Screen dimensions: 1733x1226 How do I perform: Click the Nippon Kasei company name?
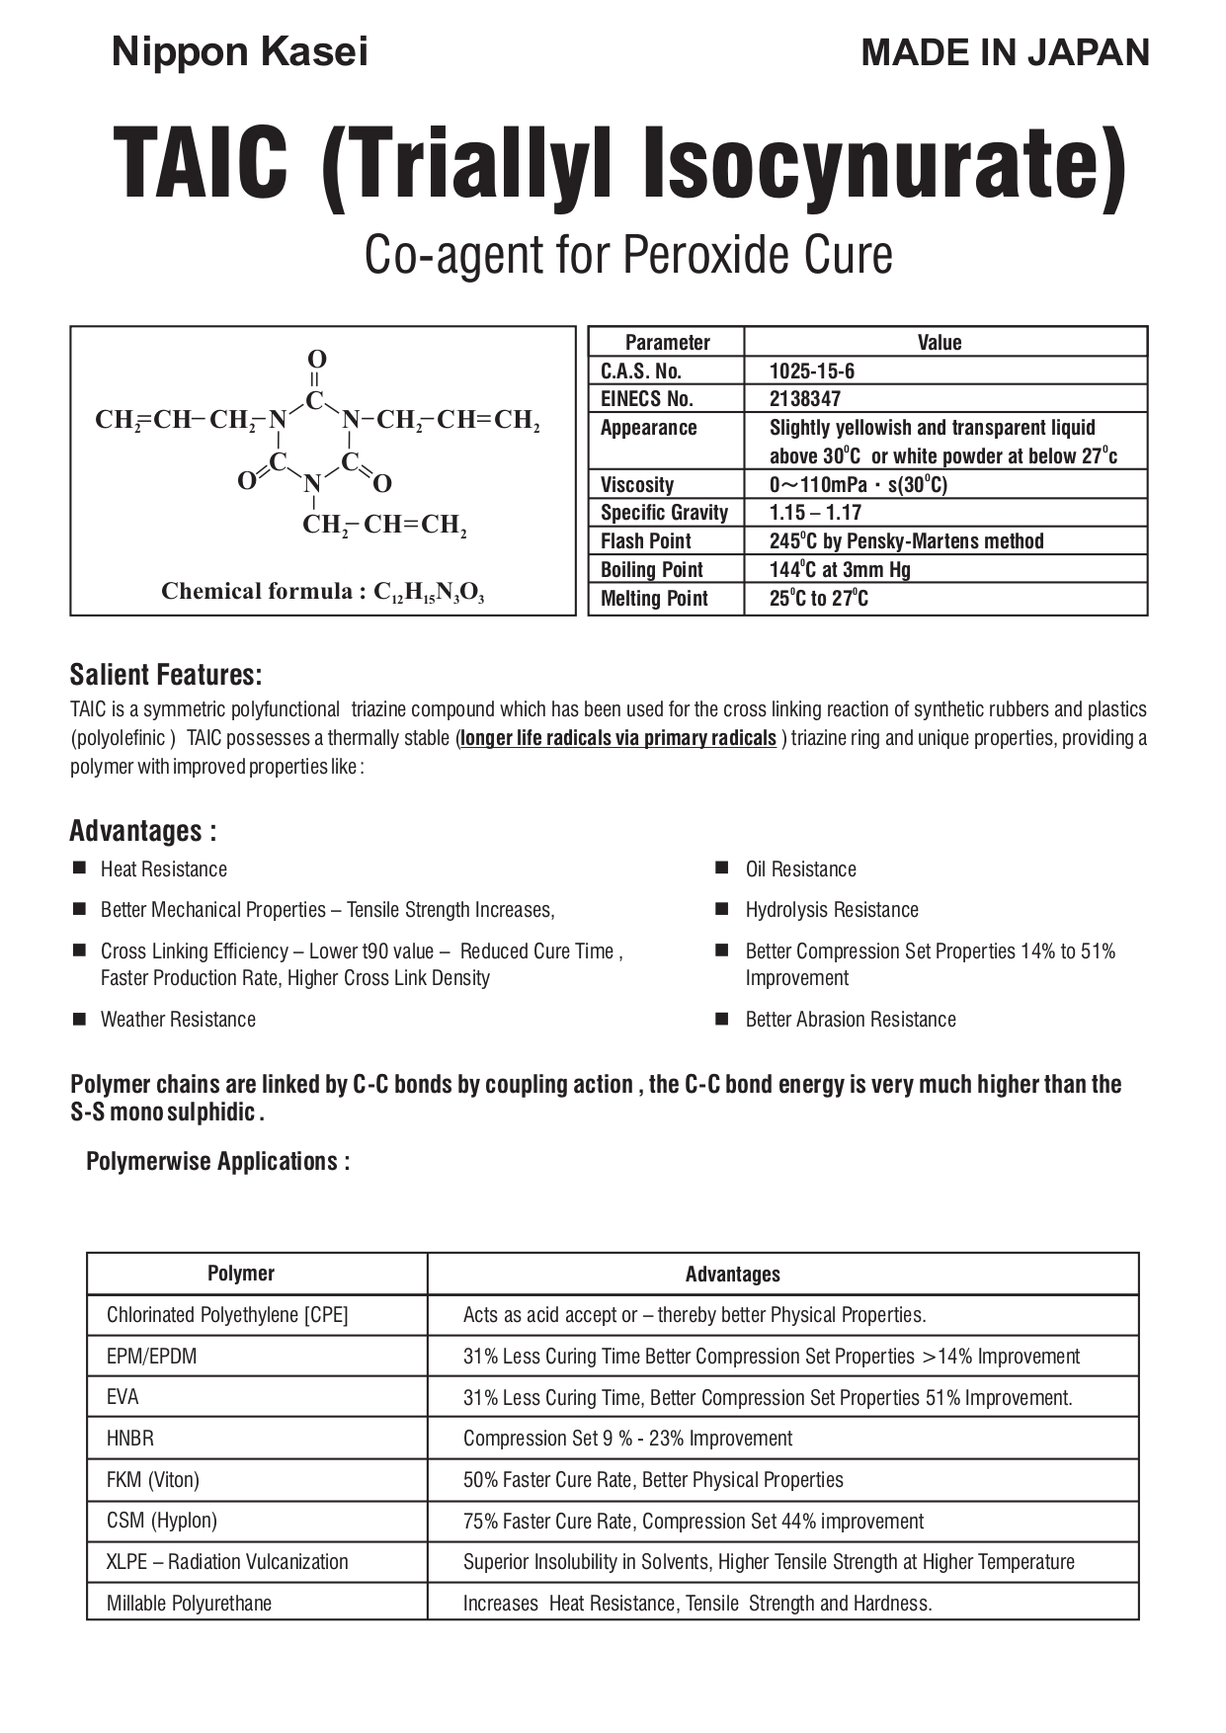click(x=239, y=52)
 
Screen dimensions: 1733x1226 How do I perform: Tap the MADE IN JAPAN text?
click(x=1005, y=52)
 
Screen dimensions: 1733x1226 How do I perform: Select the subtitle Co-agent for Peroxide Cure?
click(x=628, y=255)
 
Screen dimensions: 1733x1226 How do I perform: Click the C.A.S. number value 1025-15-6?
click(x=812, y=371)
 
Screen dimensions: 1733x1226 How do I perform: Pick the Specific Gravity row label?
click(x=664, y=513)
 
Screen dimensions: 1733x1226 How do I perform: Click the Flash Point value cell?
click(x=906, y=541)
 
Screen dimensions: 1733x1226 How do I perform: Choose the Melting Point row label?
click(x=654, y=599)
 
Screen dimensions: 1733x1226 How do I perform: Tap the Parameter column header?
click(x=667, y=343)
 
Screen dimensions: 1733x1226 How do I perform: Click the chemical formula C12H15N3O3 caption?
click(x=323, y=592)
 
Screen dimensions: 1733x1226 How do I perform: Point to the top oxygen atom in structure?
click(x=316, y=359)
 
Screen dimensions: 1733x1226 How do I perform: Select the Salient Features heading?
click(x=166, y=675)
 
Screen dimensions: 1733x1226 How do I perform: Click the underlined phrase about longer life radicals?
click(x=618, y=738)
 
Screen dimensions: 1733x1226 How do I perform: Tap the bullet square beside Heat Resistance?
click(x=79, y=868)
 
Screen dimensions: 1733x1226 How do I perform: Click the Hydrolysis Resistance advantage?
click(x=832, y=910)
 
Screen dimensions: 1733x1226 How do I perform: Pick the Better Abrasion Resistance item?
click(x=851, y=1020)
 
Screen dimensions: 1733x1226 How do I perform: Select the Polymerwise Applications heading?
click(x=218, y=1161)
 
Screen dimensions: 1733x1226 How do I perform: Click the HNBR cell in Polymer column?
click(x=130, y=1439)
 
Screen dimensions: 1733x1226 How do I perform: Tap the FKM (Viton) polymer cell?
click(x=153, y=1480)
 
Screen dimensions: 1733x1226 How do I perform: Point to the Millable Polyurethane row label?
click(x=189, y=1604)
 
